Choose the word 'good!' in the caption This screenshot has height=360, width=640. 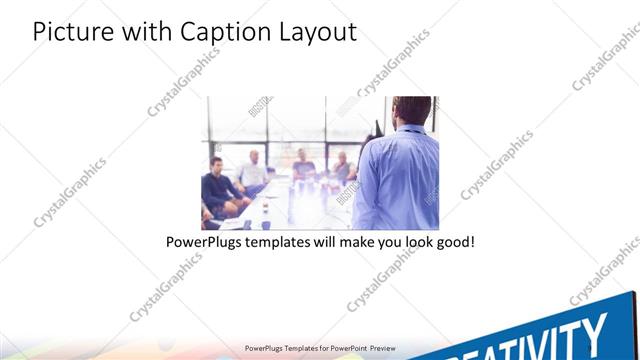click(452, 242)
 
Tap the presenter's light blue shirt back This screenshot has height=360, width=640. click(400, 180)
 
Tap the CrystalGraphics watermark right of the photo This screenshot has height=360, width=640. click(497, 165)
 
